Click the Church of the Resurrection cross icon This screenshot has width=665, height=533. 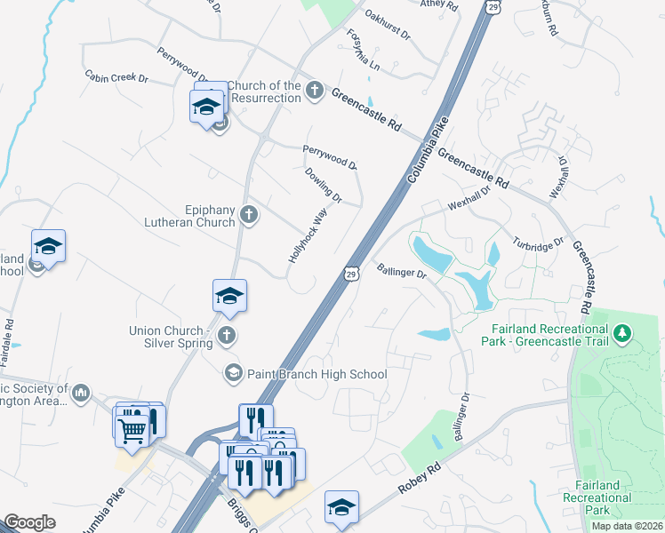pyautogui.click(x=314, y=91)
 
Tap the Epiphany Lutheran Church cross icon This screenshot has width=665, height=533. pyautogui.click(x=249, y=214)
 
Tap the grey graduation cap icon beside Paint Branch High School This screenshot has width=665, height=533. pyautogui.click(x=233, y=372)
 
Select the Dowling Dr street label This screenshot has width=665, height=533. pyautogui.click(x=323, y=184)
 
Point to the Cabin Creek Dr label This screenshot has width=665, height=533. pyautogui.click(x=116, y=77)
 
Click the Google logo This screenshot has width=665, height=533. pyautogui.click(x=29, y=522)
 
